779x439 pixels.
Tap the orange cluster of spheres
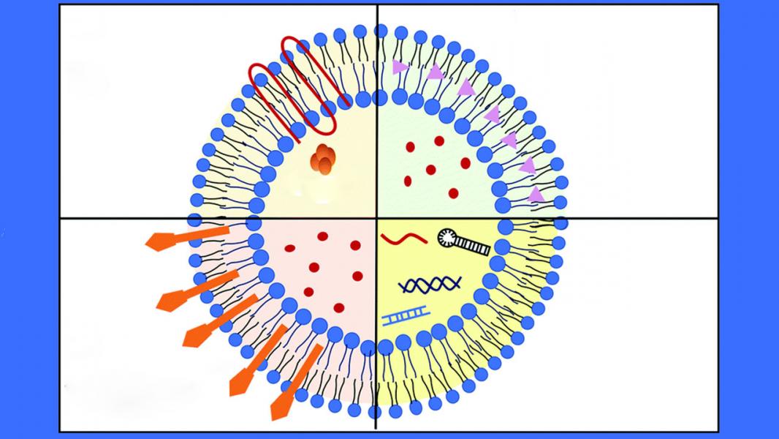point(322,157)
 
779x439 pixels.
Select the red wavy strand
point(401,239)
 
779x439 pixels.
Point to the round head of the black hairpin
point(448,236)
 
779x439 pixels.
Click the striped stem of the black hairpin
point(474,246)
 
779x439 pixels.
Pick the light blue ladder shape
point(405,317)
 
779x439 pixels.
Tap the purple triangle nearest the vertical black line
point(399,67)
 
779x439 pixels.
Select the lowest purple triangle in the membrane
point(536,194)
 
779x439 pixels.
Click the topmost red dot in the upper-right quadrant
point(439,141)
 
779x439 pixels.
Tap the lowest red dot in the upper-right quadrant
point(454,193)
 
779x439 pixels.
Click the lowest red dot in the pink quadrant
point(339,308)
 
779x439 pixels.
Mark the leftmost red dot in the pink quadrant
point(290,247)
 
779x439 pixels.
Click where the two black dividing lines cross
point(377,218)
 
